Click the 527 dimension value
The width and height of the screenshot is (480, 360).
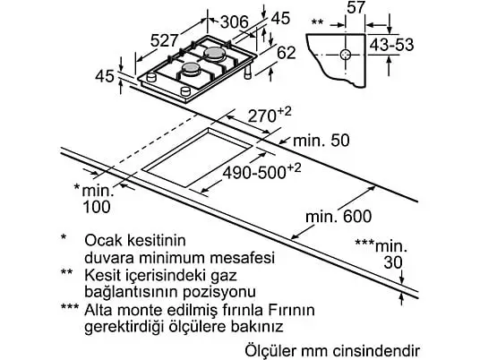(x=165, y=40)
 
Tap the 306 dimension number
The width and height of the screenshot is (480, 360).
(x=235, y=22)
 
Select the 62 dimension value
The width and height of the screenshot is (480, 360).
(x=287, y=52)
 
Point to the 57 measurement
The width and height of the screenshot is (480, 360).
(x=356, y=7)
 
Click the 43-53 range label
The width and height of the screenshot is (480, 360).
(x=391, y=45)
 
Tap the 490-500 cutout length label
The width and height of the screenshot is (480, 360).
(x=261, y=172)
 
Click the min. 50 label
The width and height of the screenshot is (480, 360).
(x=321, y=141)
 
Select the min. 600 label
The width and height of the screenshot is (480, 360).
(x=339, y=217)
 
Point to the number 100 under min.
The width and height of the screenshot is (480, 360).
(x=97, y=207)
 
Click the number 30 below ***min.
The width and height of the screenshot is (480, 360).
(x=393, y=262)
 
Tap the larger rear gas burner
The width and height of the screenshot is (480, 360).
(x=215, y=54)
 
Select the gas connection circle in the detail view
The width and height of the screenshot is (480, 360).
(x=346, y=55)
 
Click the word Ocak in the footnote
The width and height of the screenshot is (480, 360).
(x=104, y=241)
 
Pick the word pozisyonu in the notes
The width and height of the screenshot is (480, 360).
(x=219, y=292)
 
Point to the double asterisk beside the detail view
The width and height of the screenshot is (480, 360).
(x=317, y=22)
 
